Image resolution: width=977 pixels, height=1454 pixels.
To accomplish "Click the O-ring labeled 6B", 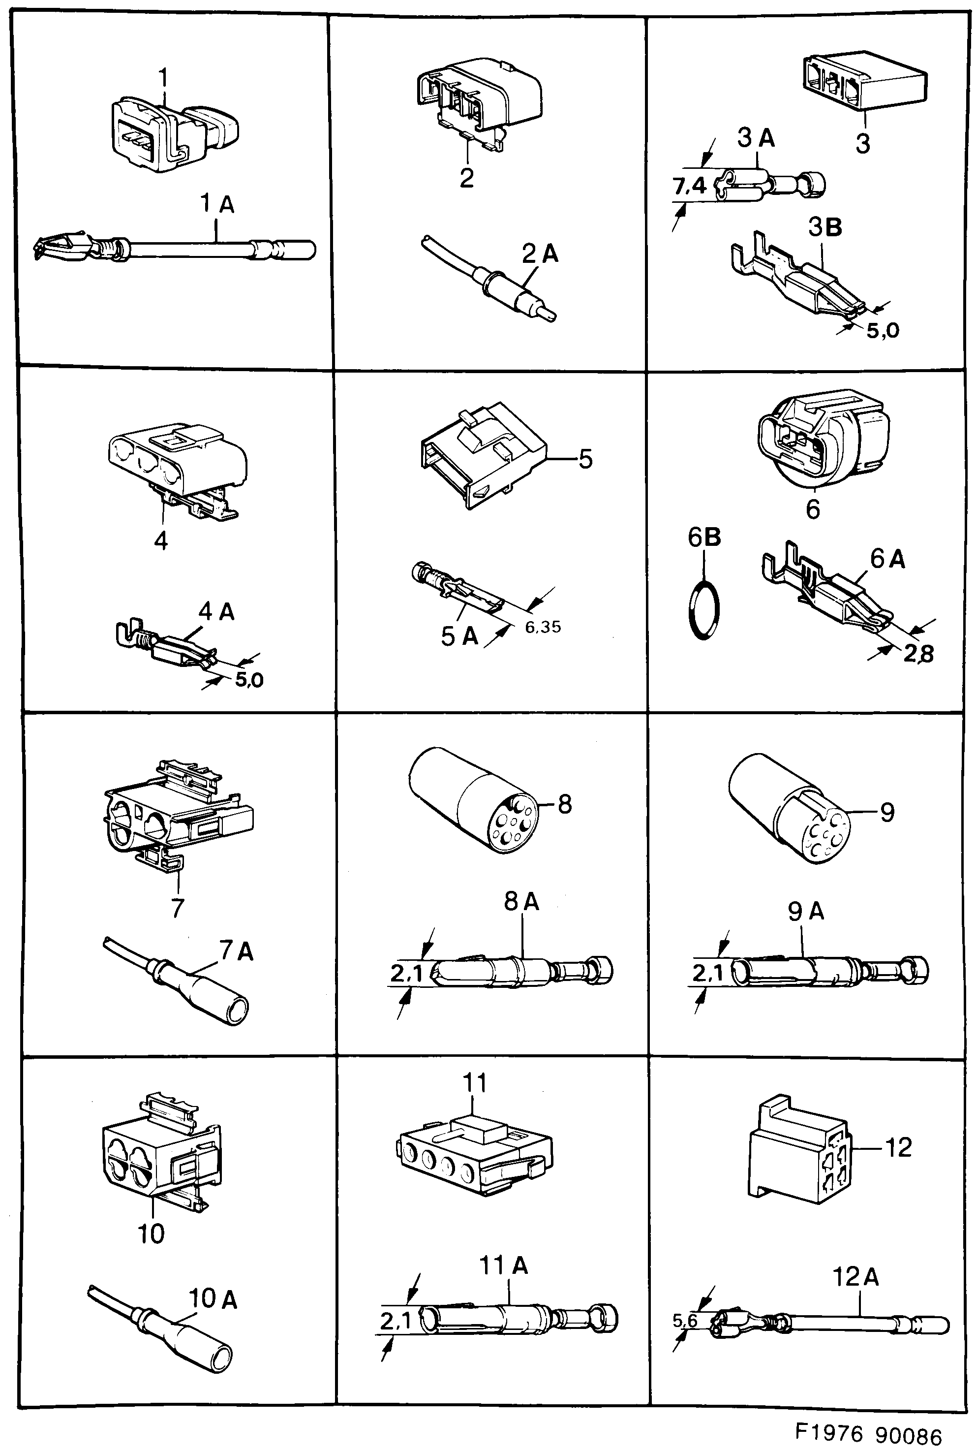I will [x=704, y=611].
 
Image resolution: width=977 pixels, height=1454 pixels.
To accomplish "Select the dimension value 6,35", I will [x=543, y=627].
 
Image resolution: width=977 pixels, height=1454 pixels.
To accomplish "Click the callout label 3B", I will [x=825, y=227].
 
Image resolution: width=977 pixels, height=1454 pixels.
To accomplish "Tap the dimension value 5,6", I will [x=684, y=1320].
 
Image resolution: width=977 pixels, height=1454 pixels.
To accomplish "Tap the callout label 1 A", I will [x=217, y=204].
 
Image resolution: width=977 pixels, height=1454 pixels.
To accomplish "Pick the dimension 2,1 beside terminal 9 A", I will [x=707, y=973].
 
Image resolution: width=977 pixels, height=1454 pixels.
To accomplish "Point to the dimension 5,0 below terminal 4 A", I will [x=248, y=679].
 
